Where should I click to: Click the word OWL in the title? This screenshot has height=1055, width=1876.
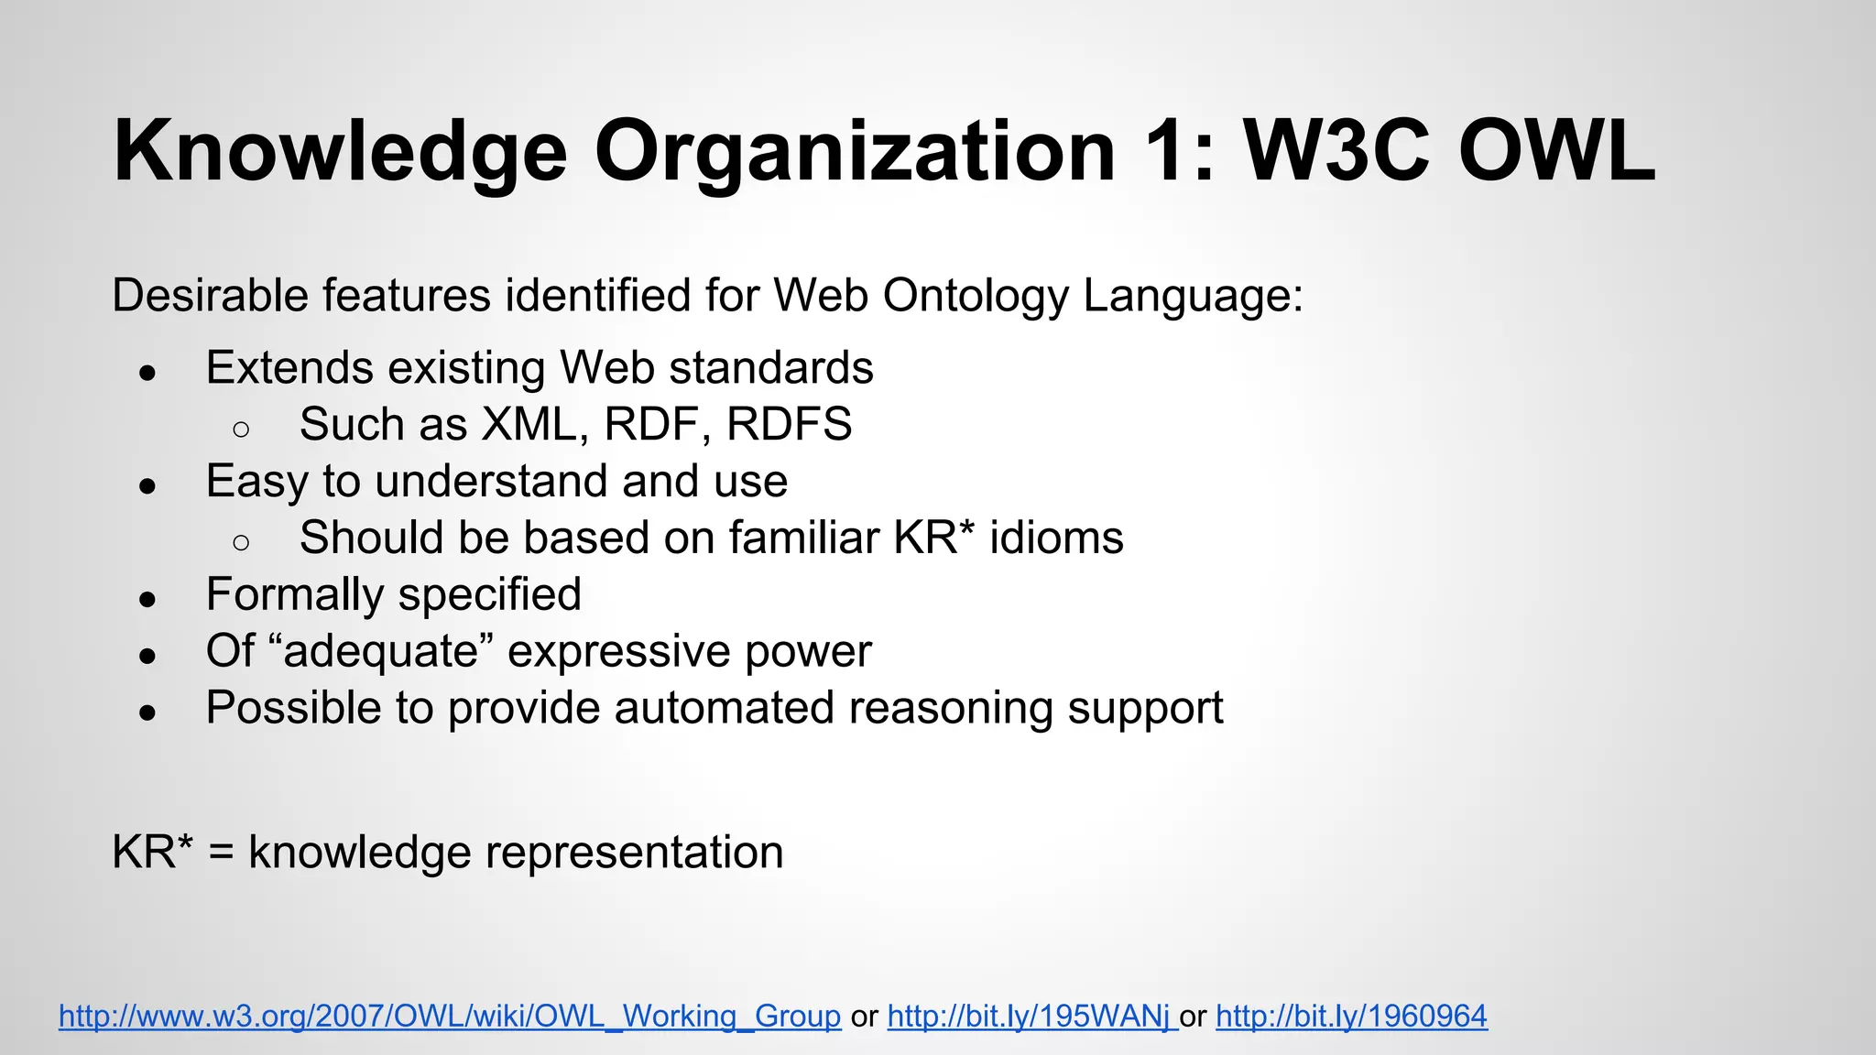(x=1555, y=150)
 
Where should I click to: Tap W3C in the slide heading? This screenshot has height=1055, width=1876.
(x=1336, y=150)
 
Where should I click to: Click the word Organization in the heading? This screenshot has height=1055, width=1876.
(x=854, y=150)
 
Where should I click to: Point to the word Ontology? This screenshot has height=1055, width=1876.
(x=975, y=296)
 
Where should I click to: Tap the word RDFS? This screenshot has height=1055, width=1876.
(x=789, y=425)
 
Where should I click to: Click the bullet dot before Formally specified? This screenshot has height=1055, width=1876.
(x=147, y=600)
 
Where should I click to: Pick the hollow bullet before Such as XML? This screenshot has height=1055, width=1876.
(x=241, y=429)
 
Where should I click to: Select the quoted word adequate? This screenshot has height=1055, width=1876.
(x=382, y=651)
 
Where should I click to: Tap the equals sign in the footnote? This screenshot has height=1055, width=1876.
(x=221, y=854)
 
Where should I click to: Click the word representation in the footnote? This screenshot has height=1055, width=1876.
(x=634, y=854)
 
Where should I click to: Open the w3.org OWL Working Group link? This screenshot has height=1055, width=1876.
(x=450, y=1016)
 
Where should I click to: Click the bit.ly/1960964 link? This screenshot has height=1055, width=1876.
(x=1351, y=1016)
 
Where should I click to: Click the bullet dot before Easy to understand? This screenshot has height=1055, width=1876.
(x=147, y=486)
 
